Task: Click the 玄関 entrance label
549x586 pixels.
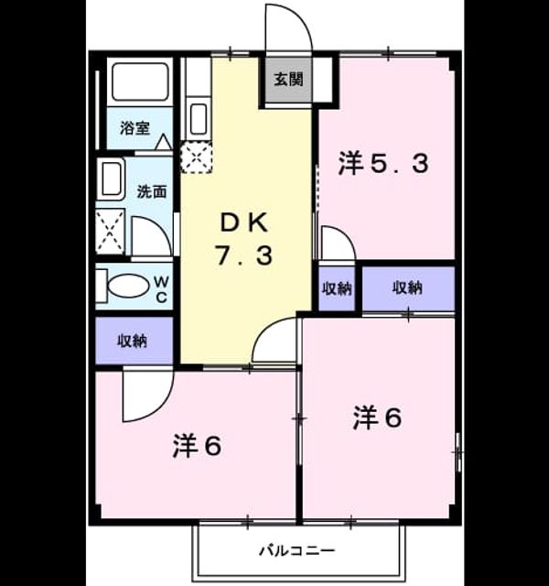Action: tap(288, 80)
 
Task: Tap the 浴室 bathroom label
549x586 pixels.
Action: tap(135, 128)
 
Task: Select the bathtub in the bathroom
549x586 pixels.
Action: tap(140, 81)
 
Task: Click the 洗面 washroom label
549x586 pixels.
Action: tap(151, 191)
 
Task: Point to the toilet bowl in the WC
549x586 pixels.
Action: tap(128, 287)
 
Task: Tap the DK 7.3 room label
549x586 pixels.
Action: tap(244, 240)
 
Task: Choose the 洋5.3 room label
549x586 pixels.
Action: tap(383, 163)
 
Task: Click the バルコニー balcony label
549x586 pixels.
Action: tap(297, 550)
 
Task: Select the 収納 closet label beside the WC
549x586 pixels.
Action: tap(133, 341)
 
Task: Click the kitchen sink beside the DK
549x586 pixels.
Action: tap(198, 118)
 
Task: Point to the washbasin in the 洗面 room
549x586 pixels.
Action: tap(111, 179)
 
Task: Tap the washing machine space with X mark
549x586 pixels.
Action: tap(110, 232)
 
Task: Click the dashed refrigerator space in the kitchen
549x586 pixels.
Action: tap(197, 157)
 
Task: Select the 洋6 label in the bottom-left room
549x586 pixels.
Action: tap(197, 446)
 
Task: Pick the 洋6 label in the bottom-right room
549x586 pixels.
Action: tap(377, 418)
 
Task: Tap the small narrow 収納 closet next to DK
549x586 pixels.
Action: tap(337, 288)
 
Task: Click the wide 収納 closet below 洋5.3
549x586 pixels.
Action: tap(409, 288)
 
